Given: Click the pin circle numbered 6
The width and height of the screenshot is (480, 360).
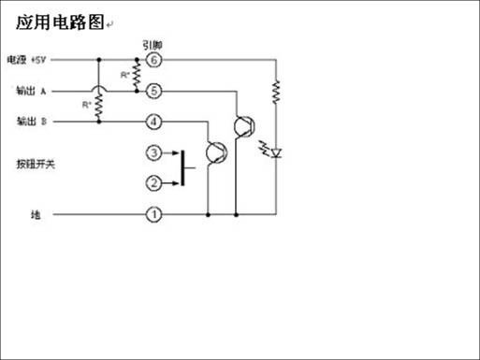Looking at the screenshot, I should tap(154, 60).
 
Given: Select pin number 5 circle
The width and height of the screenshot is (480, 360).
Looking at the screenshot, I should tap(154, 91).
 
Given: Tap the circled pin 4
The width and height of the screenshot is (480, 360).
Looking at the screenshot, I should tap(154, 122).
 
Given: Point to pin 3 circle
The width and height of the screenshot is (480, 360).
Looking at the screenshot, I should tap(154, 152).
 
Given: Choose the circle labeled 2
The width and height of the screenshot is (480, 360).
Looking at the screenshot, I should tap(154, 182).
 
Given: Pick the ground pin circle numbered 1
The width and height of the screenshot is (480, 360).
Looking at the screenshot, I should tap(154, 215).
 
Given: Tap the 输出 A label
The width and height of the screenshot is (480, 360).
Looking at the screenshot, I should tap(33, 91).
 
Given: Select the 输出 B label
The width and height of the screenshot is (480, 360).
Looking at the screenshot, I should tap(33, 122).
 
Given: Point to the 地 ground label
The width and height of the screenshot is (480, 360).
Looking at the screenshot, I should tap(36, 215).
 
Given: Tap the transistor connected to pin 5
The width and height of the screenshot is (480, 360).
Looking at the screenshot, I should tap(245, 125).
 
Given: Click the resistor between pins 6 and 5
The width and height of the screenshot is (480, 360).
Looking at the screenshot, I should tap(138, 75).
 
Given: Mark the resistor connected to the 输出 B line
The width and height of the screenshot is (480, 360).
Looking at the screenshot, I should tap(97, 106).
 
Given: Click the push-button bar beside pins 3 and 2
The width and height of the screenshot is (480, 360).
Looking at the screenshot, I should tap(182, 167).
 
